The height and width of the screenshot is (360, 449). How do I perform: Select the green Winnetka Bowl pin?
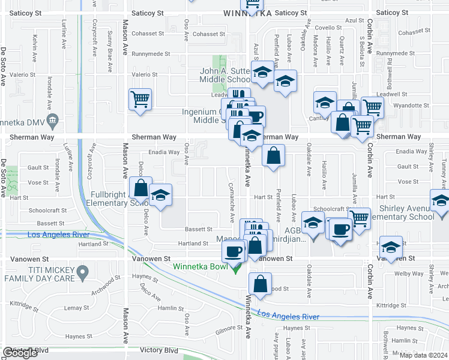(236, 267)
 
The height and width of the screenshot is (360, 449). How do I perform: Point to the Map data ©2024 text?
(424, 355)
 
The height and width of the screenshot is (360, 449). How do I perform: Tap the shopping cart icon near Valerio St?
(140, 99)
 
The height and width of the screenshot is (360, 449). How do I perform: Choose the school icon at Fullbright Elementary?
(160, 196)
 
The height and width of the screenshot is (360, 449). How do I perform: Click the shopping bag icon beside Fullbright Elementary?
(140, 188)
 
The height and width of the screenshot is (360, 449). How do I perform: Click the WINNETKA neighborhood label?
(247, 13)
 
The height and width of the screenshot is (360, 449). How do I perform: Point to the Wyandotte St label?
(404, 105)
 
